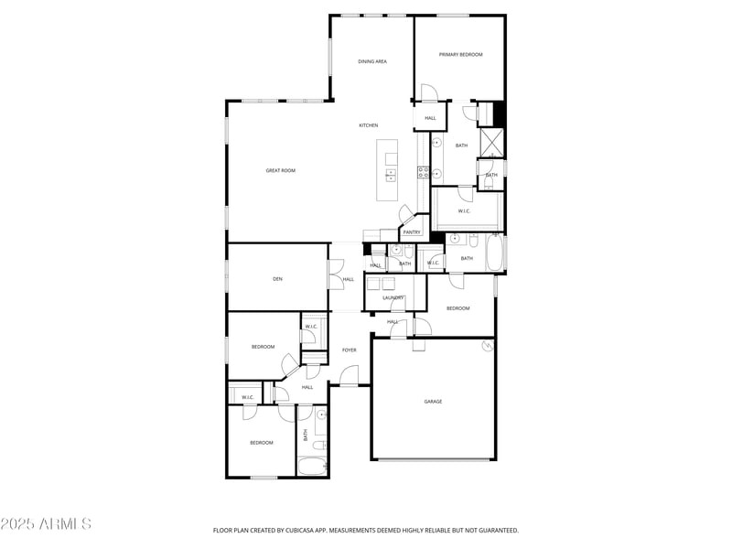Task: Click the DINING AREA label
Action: [x=371, y=61]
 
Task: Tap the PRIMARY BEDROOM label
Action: [x=460, y=55]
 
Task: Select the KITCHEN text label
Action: [x=368, y=125]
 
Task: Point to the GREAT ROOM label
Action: [x=280, y=170]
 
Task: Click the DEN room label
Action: [x=277, y=279]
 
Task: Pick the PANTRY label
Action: [x=412, y=232]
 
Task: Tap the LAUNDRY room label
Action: [x=393, y=297]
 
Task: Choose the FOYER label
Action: [x=349, y=350]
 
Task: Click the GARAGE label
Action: [x=433, y=402]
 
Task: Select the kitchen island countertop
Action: [x=389, y=171]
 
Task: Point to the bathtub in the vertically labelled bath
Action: [x=313, y=467]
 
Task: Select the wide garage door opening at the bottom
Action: [x=433, y=459]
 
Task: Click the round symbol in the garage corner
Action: [x=487, y=346]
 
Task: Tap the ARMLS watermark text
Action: [x=46, y=524]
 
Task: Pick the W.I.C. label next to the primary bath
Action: [x=464, y=211]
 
